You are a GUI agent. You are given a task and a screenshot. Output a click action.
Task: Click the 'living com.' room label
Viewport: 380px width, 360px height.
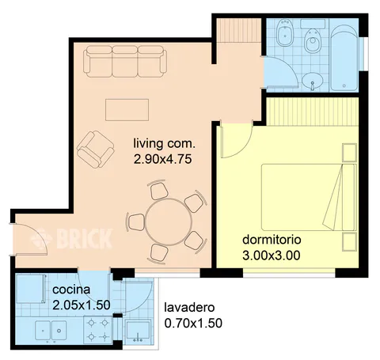[164, 143]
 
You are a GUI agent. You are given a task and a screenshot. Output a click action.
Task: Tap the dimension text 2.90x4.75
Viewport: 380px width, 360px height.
[162, 159]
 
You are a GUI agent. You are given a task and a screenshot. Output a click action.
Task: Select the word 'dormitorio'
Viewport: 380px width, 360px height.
[272, 240]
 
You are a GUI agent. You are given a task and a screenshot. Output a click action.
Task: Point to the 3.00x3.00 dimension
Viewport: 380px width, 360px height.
[272, 256]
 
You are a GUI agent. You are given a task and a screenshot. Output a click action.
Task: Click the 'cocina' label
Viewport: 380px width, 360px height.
[71, 290]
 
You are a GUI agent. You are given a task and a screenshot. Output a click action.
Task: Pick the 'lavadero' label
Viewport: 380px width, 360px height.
[189, 308]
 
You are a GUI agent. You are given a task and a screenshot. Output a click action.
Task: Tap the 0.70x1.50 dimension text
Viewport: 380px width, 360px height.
[193, 324]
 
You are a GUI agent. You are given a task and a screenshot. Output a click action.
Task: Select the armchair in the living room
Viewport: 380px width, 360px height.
[95, 150]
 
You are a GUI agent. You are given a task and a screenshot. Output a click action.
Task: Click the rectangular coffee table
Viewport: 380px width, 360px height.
[127, 110]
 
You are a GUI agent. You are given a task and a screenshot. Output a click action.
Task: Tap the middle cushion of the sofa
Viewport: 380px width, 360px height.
[124, 62]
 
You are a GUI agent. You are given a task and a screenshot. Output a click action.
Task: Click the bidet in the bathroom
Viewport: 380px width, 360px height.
[284, 32]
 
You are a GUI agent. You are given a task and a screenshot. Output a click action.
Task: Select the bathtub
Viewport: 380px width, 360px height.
[344, 58]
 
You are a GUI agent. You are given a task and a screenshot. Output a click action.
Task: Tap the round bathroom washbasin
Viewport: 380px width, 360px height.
[313, 80]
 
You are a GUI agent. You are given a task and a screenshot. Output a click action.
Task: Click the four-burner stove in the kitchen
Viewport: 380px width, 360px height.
[98, 329]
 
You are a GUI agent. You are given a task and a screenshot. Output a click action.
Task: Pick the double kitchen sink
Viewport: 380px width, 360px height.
[51, 331]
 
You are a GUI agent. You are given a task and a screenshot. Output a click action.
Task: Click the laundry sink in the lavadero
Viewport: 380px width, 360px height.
[138, 331]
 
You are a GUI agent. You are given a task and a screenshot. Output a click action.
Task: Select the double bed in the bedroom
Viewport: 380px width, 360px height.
[309, 197]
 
